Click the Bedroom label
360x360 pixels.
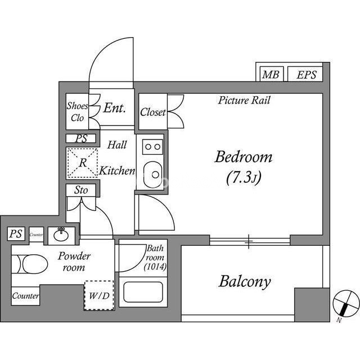[x=244, y=157]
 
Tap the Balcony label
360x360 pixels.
[x=245, y=281]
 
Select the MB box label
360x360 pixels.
[x=271, y=75]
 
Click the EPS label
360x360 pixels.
[x=307, y=75]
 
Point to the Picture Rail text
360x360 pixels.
[x=244, y=100]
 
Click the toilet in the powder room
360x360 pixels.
[x=29, y=264]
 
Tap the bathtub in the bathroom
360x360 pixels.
[x=143, y=292]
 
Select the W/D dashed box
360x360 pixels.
[x=99, y=295]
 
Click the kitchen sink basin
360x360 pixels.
[x=152, y=174]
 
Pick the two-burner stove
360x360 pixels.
[x=152, y=147]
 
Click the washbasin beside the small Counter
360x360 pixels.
[x=61, y=235]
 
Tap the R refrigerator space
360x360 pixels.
[x=83, y=163]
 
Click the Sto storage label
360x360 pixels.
[x=81, y=190]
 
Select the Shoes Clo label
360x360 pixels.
[x=78, y=111]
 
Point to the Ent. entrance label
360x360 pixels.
[x=115, y=107]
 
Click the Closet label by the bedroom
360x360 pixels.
[x=152, y=112]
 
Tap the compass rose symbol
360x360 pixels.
[x=346, y=304]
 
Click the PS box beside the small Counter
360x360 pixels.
[x=16, y=234]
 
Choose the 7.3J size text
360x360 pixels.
[x=244, y=178]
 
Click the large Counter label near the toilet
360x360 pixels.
[x=25, y=296]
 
